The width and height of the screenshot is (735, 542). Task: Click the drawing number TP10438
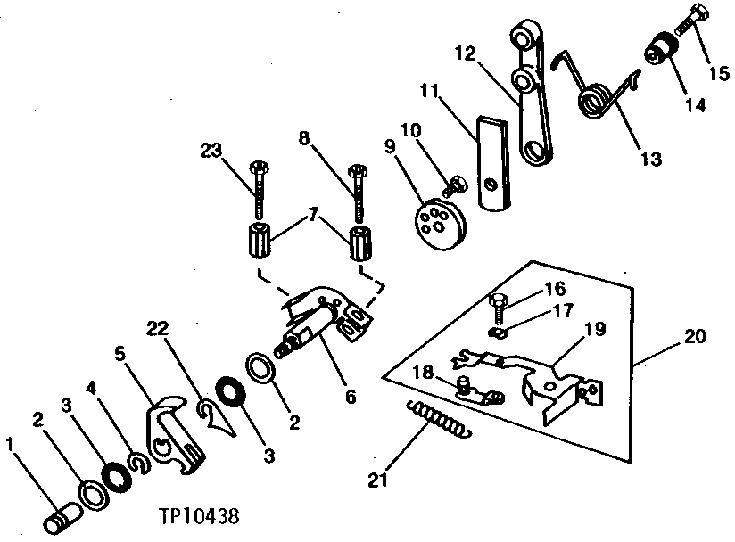(202, 516)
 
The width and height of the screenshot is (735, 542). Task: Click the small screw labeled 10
(455, 185)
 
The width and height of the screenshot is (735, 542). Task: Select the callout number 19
(596, 329)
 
